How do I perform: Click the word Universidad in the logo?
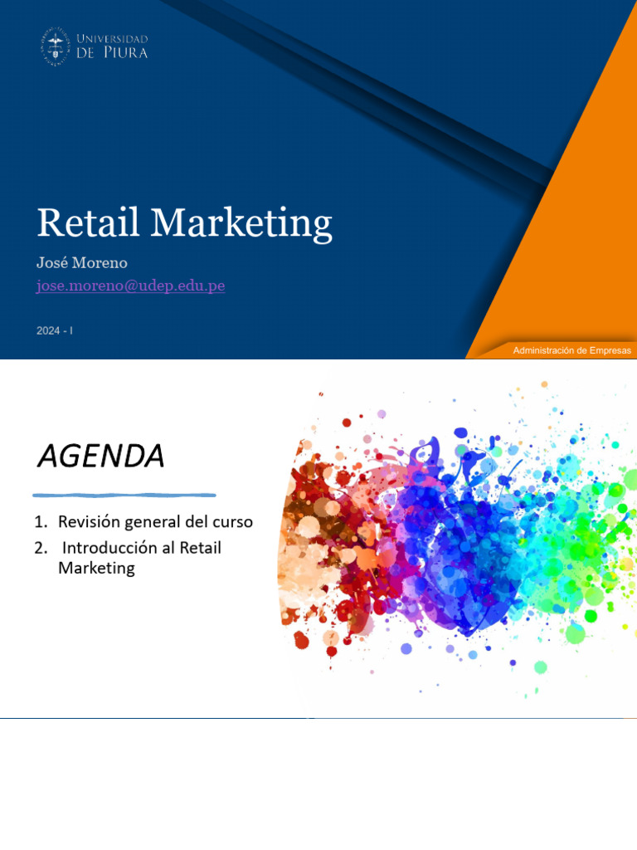(x=112, y=39)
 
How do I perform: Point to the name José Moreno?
(x=81, y=262)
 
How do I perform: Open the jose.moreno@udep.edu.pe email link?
(x=130, y=286)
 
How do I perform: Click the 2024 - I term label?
(x=55, y=330)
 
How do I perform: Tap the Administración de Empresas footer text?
(x=571, y=350)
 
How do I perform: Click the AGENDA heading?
(x=100, y=456)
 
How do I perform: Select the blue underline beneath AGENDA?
(x=124, y=495)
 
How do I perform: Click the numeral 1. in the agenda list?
(x=41, y=522)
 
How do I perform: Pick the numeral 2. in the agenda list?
(x=41, y=548)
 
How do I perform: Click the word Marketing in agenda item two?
(x=96, y=569)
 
